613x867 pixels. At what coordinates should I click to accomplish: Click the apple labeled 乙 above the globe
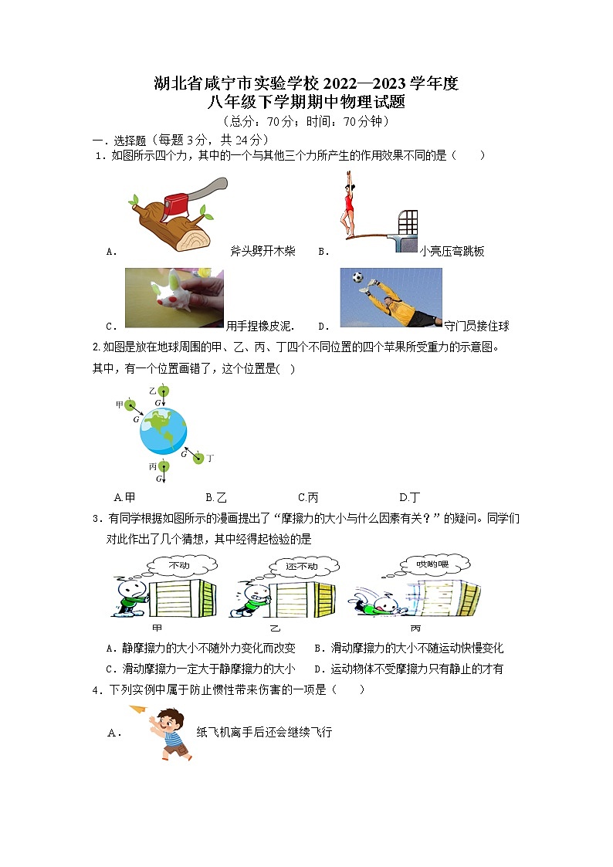tap(162, 391)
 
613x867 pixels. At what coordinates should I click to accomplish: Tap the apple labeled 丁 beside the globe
tap(198, 459)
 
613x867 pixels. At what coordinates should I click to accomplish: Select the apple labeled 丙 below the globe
tap(162, 466)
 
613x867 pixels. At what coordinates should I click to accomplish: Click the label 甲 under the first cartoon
tap(157, 628)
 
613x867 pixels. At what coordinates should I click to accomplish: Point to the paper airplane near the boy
tap(138, 710)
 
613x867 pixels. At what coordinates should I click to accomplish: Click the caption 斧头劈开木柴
tap(262, 251)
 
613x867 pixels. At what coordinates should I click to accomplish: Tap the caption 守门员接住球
tap(476, 326)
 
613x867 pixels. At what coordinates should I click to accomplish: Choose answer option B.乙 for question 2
tap(215, 497)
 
